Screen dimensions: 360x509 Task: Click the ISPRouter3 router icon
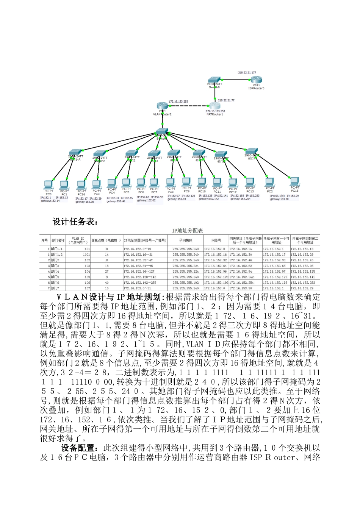click(x=256, y=80)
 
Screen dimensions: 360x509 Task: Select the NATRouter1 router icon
click(x=214, y=106)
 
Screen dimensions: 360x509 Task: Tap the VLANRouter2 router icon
click(x=162, y=106)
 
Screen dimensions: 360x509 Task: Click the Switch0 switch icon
click(x=214, y=81)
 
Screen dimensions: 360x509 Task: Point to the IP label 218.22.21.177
click(x=247, y=72)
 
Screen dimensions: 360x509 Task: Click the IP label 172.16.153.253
click(x=178, y=101)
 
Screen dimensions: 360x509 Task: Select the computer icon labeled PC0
click(x=48, y=184)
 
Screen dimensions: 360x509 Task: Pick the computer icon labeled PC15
click(x=294, y=181)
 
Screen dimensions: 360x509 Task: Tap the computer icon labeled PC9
click(x=186, y=182)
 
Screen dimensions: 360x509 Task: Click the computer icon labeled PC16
click(x=81, y=185)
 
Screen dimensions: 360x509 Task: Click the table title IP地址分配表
click(x=187, y=230)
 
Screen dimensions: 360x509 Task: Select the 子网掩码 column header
click(x=186, y=240)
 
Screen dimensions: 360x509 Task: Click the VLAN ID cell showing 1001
click(x=87, y=254)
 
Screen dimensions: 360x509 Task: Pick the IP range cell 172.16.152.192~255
click(x=140, y=283)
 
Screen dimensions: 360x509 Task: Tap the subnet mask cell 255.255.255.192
click(x=186, y=283)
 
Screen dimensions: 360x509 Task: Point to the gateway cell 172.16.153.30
click(x=241, y=288)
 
